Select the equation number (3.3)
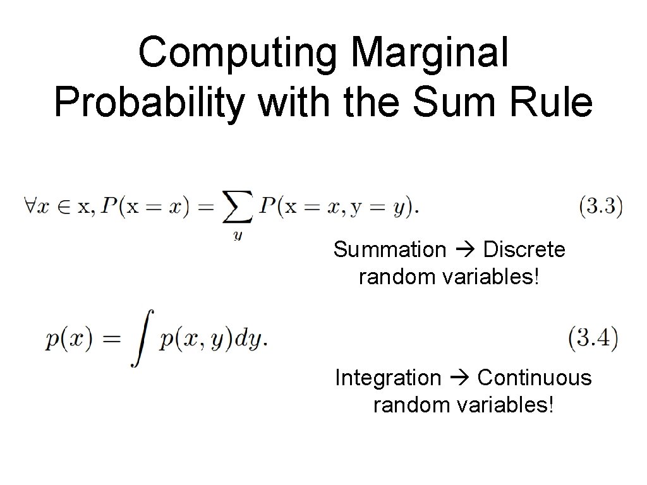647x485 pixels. [601, 207]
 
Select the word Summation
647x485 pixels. [389, 250]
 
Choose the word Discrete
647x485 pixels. [524, 250]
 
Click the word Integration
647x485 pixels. [388, 378]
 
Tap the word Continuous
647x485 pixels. [534, 378]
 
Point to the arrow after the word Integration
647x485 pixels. [459, 378]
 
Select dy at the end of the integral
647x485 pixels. [250, 341]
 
